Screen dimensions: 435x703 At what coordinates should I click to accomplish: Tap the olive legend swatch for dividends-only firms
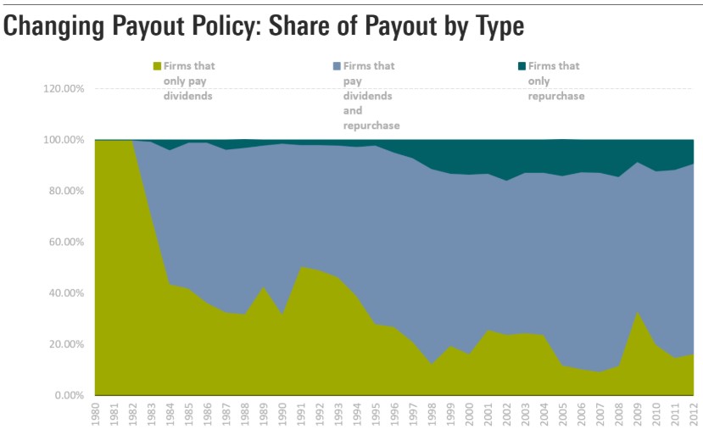(x=157, y=66)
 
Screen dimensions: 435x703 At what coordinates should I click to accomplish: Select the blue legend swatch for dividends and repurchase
(x=338, y=66)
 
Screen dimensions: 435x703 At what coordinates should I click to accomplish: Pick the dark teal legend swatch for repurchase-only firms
(x=522, y=66)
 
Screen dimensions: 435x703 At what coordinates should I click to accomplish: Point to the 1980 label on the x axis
(x=96, y=415)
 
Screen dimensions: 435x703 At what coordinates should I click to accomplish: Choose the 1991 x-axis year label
(x=301, y=415)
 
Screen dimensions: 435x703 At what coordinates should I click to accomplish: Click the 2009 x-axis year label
(x=638, y=415)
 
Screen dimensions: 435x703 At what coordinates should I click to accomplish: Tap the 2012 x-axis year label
(x=694, y=415)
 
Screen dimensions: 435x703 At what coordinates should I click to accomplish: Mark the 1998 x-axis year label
(x=432, y=415)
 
